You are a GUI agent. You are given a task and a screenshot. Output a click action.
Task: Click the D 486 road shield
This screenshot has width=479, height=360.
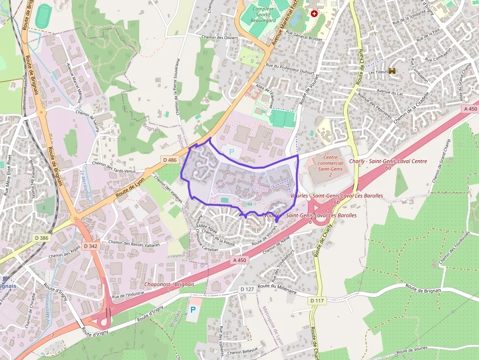[170, 160]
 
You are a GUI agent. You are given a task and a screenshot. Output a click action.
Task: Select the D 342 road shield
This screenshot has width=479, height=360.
[90, 246]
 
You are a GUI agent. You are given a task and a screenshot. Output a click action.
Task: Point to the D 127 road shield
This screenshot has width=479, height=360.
[247, 290]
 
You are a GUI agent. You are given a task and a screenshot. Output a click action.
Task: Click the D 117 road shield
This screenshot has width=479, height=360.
[317, 301]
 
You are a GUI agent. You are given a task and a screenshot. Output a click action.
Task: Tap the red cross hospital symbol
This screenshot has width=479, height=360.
[314, 14]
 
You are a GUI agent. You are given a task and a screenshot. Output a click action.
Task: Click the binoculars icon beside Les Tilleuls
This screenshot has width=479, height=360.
[392, 71]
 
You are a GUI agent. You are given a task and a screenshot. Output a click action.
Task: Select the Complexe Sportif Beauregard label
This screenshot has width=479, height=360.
[263, 15]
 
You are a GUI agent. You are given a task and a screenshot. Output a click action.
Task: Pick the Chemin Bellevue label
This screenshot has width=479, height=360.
[242, 352]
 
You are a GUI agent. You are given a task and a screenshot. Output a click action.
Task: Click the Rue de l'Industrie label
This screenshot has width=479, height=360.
[128, 295]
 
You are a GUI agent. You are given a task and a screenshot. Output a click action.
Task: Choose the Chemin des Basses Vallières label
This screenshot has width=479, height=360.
[134, 243]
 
